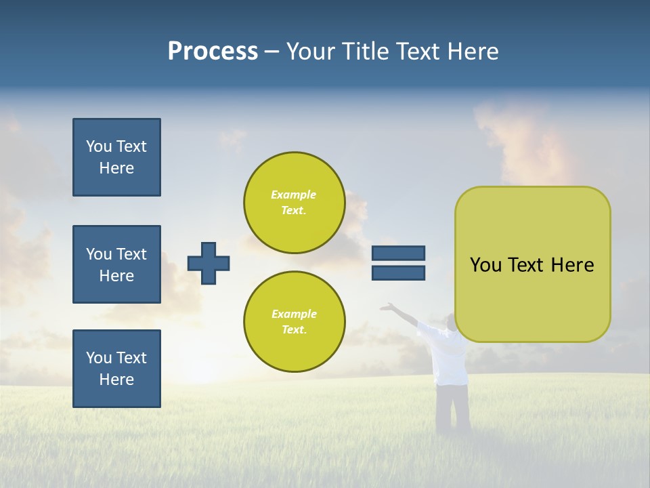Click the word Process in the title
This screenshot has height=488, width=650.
click(213, 52)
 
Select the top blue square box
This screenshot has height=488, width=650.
click(116, 157)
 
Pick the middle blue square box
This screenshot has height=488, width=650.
click(116, 264)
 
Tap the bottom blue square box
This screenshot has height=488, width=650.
click(116, 369)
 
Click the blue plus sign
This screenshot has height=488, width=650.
click(209, 263)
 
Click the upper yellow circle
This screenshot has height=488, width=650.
click(295, 203)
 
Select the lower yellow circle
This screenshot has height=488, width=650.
click(295, 322)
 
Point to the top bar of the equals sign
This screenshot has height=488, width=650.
click(399, 253)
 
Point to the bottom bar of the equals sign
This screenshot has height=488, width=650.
click(399, 272)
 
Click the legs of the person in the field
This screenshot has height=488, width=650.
click(452, 407)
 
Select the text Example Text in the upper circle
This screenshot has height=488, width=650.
click(294, 203)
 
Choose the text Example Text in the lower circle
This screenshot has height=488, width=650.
click(294, 322)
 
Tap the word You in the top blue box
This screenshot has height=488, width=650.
click(97, 146)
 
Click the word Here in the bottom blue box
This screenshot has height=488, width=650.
click(116, 380)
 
